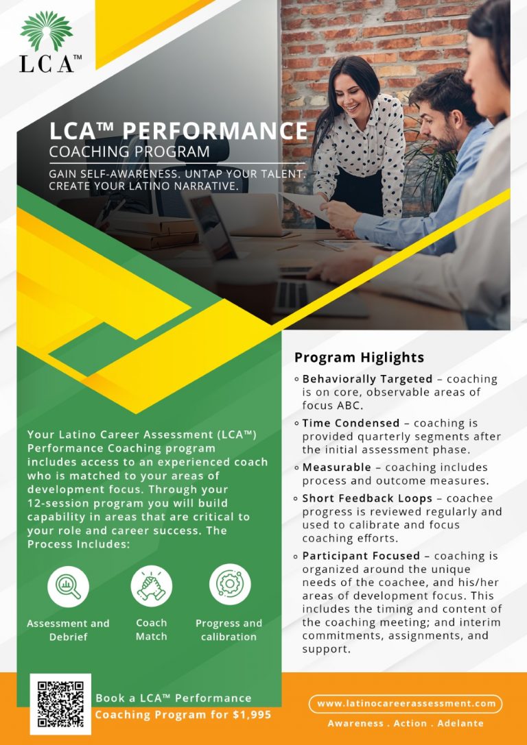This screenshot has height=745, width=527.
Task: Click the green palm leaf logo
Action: tap(47, 31)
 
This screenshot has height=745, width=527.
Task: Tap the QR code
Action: tap(60, 704)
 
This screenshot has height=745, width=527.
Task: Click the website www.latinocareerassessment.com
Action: tap(406, 703)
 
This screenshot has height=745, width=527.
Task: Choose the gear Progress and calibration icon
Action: tap(230, 585)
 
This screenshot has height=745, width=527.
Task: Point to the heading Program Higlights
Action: tap(359, 357)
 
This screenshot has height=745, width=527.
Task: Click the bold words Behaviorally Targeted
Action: tap(367, 379)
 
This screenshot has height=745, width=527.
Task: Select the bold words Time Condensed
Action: tap(351, 423)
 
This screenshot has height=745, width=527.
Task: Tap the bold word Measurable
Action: tap(337, 467)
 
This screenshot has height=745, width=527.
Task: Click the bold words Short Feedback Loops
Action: tap(367, 498)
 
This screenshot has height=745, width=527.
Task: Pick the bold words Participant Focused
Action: tap(361, 555)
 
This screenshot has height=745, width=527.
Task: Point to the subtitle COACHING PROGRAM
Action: tap(130, 151)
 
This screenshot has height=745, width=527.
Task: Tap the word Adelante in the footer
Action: tap(460, 723)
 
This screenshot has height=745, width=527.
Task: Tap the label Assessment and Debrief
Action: tap(68, 630)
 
